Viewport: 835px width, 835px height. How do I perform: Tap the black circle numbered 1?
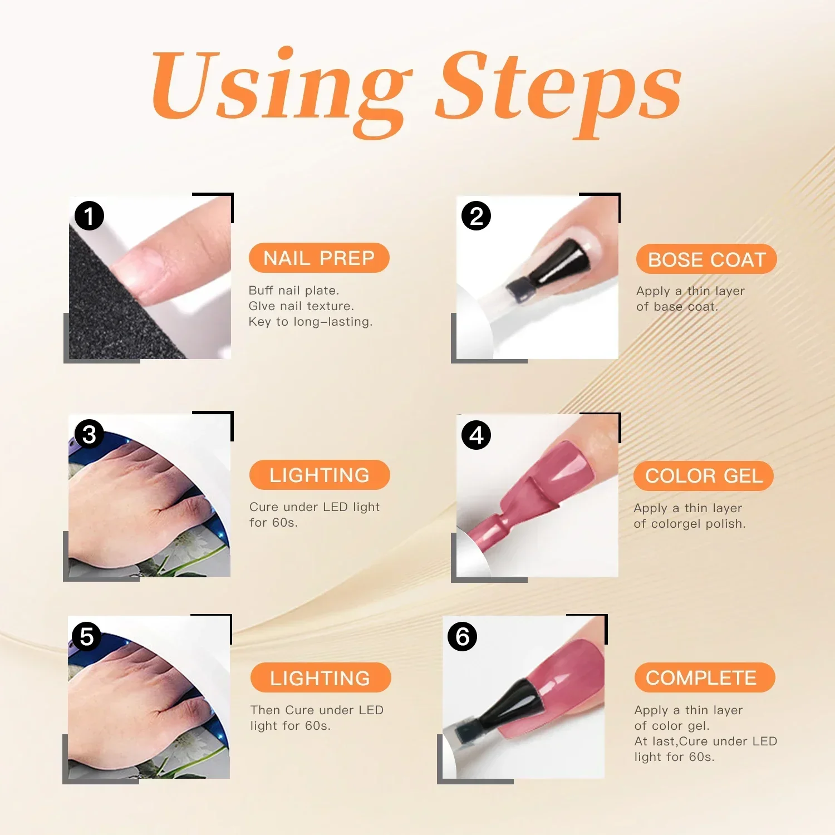(89, 216)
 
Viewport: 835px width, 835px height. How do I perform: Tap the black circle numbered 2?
(476, 216)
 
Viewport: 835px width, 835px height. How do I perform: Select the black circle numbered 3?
(89, 434)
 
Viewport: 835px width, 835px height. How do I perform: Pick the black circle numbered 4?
(476, 435)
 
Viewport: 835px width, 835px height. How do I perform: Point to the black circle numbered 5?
(86, 636)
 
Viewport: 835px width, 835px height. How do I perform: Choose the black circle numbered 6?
(462, 636)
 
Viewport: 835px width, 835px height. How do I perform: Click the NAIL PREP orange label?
(319, 258)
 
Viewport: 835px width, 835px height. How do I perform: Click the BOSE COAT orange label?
(706, 259)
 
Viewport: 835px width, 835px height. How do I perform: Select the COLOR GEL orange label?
(704, 476)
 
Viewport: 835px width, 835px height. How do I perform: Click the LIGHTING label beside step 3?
(320, 475)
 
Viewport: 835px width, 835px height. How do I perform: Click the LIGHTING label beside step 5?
(320, 678)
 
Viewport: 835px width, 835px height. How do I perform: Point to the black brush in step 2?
(557, 267)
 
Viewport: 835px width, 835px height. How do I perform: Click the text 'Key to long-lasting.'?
(310, 322)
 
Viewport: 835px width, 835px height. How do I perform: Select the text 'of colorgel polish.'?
(689, 524)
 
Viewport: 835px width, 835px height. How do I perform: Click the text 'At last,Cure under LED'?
(705, 741)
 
